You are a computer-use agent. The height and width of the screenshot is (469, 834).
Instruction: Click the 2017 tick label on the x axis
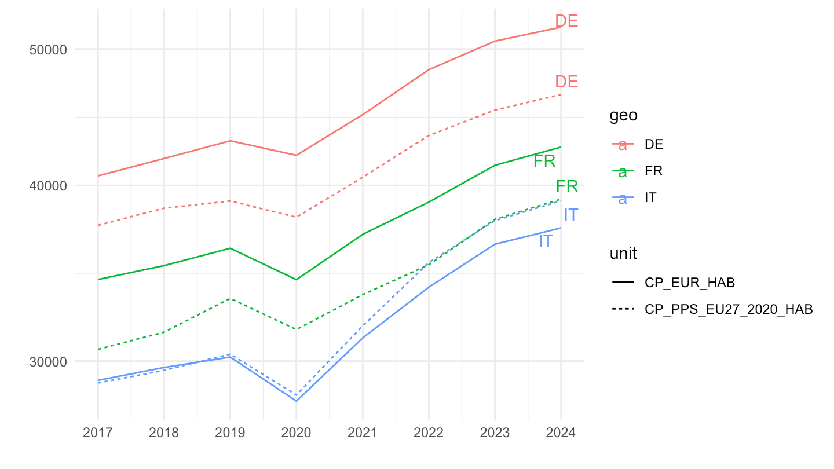click(x=97, y=433)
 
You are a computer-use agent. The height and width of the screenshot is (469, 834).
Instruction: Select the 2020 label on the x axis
click(x=296, y=433)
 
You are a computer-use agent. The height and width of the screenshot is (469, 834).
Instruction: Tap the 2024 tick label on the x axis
click(x=561, y=433)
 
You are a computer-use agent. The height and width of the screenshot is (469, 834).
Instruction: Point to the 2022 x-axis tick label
click(x=429, y=433)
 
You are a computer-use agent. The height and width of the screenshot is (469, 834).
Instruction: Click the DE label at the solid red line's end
click(x=566, y=21)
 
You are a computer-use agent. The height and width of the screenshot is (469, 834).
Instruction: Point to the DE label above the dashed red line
click(x=566, y=82)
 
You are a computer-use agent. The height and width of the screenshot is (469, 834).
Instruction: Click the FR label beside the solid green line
click(x=544, y=162)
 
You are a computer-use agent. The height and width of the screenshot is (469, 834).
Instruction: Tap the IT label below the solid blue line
click(x=546, y=241)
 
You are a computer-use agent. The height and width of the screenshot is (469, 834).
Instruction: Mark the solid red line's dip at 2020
click(x=296, y=155)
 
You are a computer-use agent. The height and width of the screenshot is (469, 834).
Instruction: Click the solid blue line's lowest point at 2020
click(x=296, y=401)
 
